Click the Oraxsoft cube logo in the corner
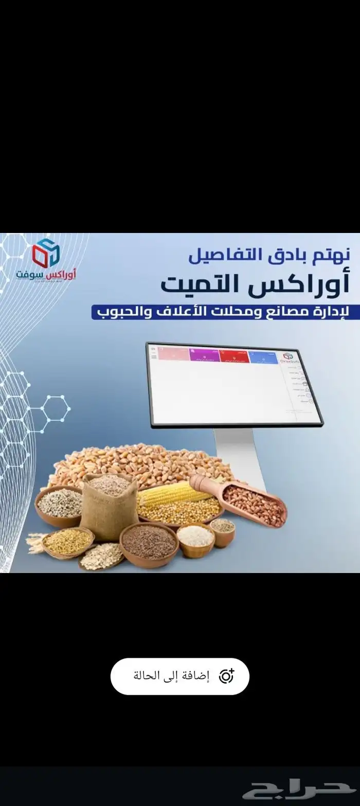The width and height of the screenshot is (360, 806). point(46,253)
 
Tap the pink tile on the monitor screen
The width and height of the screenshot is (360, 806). point(173,354)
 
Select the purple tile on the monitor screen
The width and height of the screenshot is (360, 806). point(204,355)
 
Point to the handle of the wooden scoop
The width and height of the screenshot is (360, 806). point(199,482)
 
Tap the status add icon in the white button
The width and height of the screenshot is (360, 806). point(227,676)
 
